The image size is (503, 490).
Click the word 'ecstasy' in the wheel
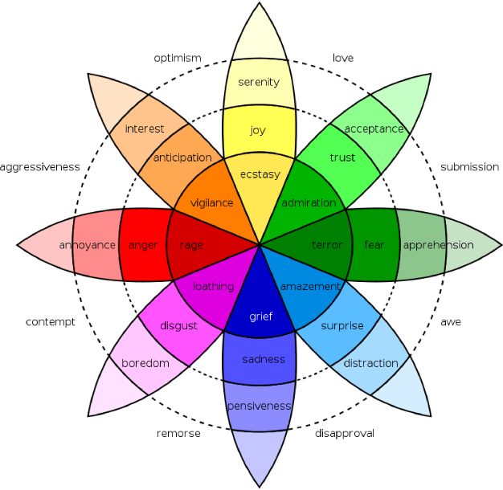pos(258,174)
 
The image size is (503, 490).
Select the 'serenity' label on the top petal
pos(259,82)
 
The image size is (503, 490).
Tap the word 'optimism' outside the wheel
pos(177,58)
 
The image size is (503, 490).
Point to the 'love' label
pos(342,58)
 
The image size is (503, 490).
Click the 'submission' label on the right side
pos(469,167)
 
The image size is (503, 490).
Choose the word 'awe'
pos(451,322)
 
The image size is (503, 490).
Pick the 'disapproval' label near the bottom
pos(344,434)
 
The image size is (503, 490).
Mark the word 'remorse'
pos(178,434)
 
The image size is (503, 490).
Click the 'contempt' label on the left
pos(50,322)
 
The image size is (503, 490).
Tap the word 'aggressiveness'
pos(40,167)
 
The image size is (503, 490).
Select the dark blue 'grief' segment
pos(260,316)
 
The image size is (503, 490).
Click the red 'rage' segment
pos(191,245)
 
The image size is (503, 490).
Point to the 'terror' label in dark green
pos(327,245)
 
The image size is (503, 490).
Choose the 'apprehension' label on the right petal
pos(438,245)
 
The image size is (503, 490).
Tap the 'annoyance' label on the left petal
pos(87,245)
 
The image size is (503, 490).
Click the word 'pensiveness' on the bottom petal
pos(259,406)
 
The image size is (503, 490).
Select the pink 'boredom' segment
pos(145,364)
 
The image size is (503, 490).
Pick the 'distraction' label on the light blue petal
pos(370,364)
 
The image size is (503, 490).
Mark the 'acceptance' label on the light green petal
pos(374,129)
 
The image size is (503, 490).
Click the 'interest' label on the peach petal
pos(145,129)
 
